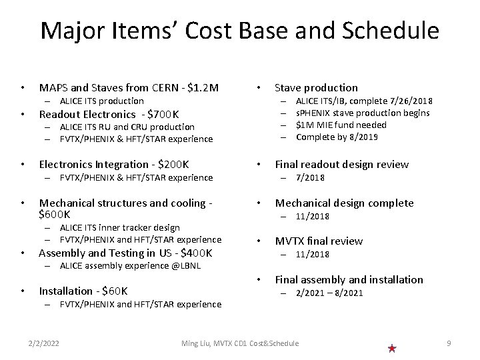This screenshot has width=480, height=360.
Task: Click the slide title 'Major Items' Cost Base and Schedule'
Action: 240,31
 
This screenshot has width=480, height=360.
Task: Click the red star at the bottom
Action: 392,348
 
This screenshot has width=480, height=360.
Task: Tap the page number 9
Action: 449,343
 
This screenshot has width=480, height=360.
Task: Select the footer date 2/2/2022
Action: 43,343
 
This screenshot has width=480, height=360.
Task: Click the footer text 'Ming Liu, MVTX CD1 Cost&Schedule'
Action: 240,343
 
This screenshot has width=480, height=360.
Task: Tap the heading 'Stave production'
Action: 316,87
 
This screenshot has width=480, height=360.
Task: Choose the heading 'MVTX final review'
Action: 319,241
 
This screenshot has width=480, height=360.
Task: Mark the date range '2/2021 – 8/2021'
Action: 331,293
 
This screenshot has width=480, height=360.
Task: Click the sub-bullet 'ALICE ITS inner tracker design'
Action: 120,227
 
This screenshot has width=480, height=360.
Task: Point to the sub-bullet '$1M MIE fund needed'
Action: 341,125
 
